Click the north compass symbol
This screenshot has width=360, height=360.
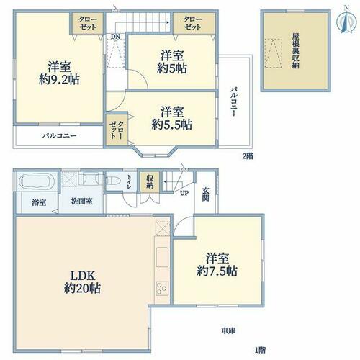346,21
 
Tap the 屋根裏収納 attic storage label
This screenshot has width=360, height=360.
295,51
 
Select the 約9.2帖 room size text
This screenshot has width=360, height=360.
59,79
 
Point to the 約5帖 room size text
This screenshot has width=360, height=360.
172,68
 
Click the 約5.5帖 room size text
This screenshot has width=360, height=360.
172,125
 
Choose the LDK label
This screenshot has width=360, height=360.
83,276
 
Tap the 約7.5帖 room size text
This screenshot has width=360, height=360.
217,271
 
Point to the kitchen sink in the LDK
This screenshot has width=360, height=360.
162,257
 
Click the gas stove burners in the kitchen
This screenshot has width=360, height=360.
162,288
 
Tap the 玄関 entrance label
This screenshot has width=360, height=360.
205,194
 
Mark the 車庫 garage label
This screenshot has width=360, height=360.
228,331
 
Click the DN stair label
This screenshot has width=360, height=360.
115,37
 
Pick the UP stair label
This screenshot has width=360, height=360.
184,193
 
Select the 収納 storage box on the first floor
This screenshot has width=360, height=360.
150,182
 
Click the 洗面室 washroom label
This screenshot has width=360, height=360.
82,202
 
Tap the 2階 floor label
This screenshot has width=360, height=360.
248,156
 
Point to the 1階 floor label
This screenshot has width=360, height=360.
260,350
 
